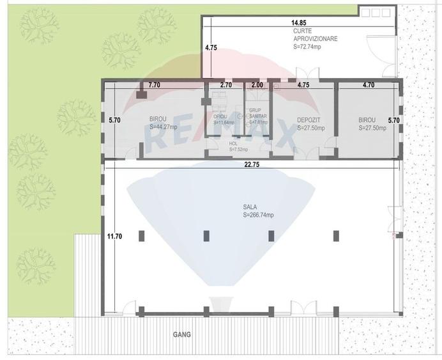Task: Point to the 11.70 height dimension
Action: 114,237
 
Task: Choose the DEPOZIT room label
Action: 309,120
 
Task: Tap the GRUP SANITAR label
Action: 255,113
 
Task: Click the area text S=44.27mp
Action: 164,127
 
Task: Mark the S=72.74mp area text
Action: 311,47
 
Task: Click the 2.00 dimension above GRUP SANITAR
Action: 257,84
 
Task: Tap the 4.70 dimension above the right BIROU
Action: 368,84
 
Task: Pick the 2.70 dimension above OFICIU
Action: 225,84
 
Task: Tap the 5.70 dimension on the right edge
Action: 393,120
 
